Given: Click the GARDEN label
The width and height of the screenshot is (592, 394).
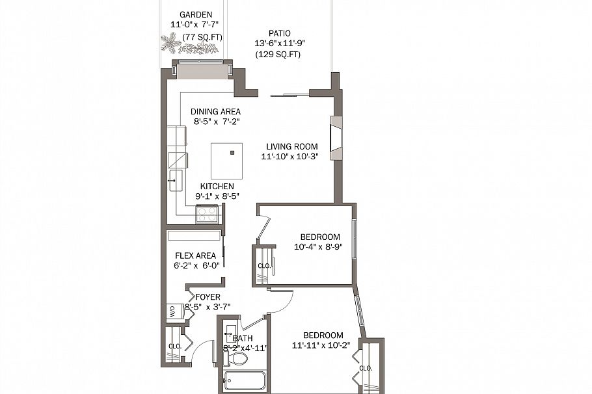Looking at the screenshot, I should (196, 14).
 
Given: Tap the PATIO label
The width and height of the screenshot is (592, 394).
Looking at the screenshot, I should (280, 33).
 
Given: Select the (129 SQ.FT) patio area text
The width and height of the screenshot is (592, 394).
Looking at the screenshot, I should (278, 55).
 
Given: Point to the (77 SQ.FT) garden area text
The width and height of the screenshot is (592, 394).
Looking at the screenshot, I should (202, 37).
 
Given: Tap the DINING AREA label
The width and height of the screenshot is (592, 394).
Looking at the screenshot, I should (215, 111).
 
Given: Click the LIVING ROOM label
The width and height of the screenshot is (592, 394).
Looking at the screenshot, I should (292, 146).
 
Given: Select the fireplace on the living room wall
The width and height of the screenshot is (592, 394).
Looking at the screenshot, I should (336, 138).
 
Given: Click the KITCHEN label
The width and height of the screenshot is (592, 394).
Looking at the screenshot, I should (217, 187).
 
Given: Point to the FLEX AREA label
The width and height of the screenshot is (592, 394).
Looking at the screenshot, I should (195, 255).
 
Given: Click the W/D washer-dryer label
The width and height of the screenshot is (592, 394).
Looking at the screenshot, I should (172, 311).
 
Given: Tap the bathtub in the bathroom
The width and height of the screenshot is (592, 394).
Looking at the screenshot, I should (245, 380).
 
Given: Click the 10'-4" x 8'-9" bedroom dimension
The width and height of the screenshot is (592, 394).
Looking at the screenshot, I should (317, 246).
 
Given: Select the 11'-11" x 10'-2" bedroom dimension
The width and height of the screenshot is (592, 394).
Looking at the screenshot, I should (322, 345).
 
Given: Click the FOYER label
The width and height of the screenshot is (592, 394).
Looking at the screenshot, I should (208, 296).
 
